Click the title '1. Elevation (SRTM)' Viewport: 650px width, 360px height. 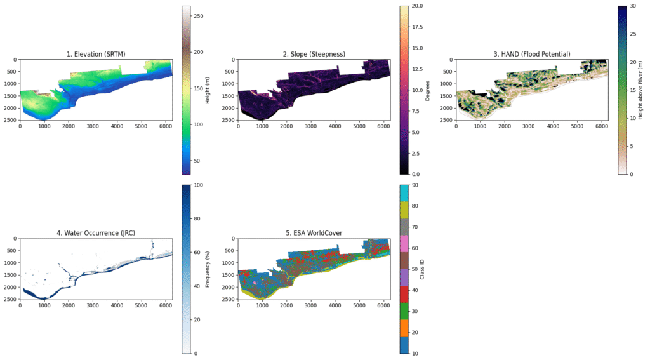point(96,54)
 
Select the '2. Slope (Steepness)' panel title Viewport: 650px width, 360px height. point(314,54)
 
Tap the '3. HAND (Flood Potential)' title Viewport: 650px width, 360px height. point(532,54)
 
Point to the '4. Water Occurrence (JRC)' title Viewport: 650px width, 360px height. point(96,233)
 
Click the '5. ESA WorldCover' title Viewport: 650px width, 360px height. point(314,233)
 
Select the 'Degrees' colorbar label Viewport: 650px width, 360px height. point(427,90)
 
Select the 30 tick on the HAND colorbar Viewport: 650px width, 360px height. point(633,6)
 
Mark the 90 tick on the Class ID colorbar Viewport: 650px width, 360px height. point(415,185)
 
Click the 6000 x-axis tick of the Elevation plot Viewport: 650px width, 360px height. point(165,127)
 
